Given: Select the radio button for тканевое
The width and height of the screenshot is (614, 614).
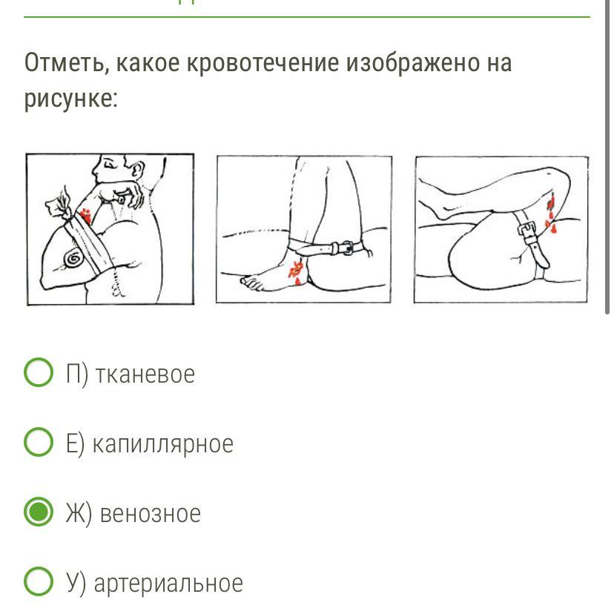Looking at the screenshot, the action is tap(39, 372).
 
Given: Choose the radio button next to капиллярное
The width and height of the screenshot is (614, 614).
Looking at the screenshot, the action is tap(39, 442).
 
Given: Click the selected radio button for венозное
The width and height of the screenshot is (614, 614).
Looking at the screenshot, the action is tap(39, 512).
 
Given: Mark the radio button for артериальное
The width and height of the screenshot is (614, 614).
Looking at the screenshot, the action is tap(39, 581).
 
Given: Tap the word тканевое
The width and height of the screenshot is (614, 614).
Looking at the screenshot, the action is tap(145, 374).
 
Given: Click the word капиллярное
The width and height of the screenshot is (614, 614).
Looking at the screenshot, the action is tap(163, 444).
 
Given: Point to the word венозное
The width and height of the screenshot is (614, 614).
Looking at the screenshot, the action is tap(151, 513).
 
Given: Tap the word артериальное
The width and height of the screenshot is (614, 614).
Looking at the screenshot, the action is tap(168, 584).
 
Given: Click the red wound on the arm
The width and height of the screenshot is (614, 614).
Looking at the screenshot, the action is tap(85, 216).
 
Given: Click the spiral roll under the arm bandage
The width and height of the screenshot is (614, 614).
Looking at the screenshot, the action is tap(73, 259).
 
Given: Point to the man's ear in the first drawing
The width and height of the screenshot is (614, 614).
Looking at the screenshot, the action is tap(136, 170).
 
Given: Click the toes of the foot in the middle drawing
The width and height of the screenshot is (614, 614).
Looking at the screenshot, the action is tap(251, 282).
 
